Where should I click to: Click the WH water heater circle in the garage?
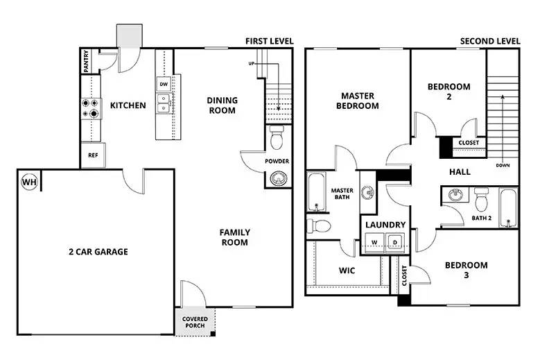tap(29, 182)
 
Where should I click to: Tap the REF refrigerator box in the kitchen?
tap(92, 156)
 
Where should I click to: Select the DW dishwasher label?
tap(164, 85)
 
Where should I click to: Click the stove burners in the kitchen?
tap(90, 107)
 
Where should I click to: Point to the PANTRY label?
tap(86, 61)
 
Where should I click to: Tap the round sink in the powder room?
tap(277, 179)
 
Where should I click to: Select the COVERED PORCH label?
tap(195, 323)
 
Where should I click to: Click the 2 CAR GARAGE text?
tap(98, 252)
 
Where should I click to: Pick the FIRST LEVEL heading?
tap(269, 42)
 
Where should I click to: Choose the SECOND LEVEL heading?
tap(490, 42)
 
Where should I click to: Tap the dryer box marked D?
tap(394, 242)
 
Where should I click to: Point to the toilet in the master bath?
tap(319, 225)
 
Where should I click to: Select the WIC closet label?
tap(347, 271)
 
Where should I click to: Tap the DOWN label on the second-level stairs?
tap(503, 166)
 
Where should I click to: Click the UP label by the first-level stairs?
tap(252, 64)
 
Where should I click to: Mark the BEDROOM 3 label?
tap(466, 270)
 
